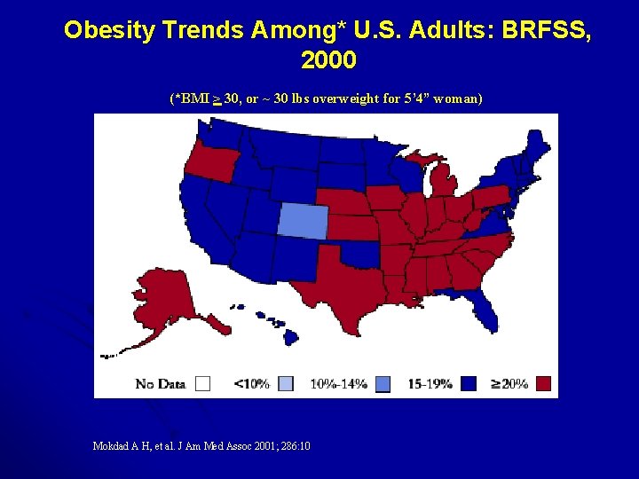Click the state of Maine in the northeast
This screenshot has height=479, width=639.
click(534, 145)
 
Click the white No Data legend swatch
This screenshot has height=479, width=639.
click(202, 383)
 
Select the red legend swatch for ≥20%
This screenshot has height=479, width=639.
click(544, 383)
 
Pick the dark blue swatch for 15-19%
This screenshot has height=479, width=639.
click(469, 383)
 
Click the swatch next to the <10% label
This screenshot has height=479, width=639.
click(286, 383)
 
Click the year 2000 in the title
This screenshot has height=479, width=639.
click(327, 60)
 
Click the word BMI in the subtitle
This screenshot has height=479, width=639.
click(194, 98)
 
